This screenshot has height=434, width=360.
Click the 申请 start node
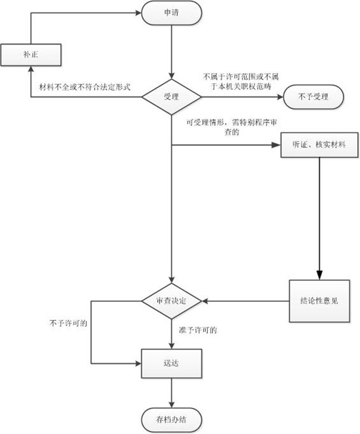(171, 12)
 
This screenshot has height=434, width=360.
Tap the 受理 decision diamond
(171, 95)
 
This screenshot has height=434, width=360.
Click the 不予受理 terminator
(314, 95)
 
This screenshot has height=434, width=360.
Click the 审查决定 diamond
(171, 301)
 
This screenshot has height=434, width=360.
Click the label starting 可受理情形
(223, 128)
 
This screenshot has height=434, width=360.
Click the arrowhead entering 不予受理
(280, 95)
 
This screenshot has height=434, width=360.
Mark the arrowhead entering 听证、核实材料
(277, 144)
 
